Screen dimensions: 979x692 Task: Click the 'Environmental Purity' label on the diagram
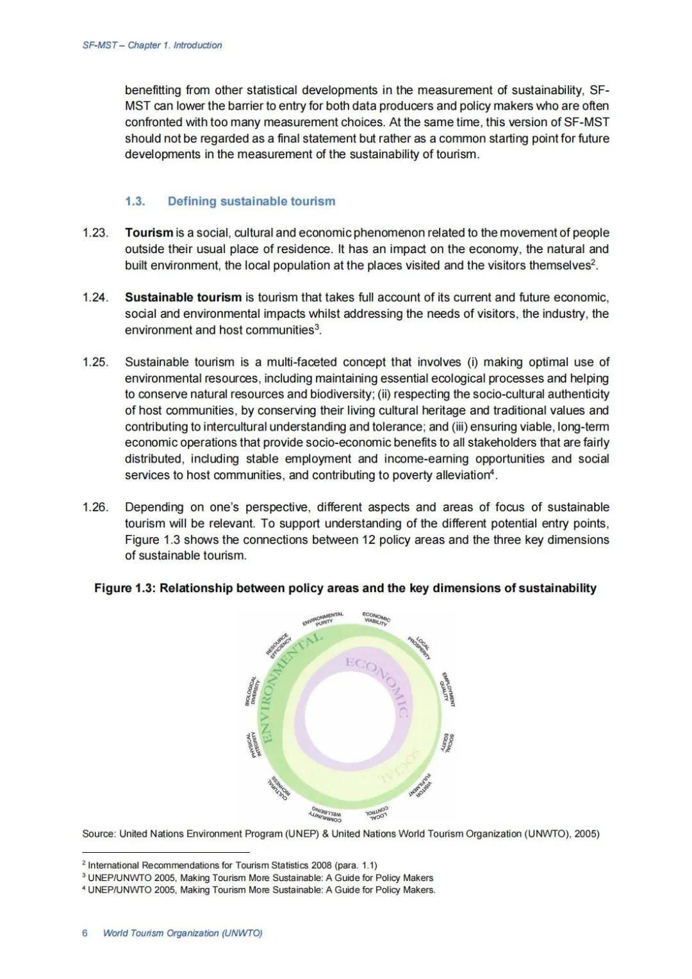click(x=323, y=618)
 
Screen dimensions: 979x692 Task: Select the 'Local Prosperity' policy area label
click(x=419, y=648)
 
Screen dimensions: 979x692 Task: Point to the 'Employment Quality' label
click(x=447, y=689)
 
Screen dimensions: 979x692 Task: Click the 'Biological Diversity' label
click(x=251, y=691)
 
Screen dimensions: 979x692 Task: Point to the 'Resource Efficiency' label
click(x=279, y=646)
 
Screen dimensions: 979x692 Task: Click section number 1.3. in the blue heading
click(x=135, y=201)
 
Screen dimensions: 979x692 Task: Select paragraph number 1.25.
click(x=95, y=362)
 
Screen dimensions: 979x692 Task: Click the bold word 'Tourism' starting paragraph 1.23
click(x=149, y=233)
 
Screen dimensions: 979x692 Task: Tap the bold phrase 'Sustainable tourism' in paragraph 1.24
click(x=183, y=297)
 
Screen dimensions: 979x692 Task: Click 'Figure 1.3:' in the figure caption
click(x=125, y=588)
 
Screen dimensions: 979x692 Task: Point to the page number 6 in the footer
click(x=85, y=933)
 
